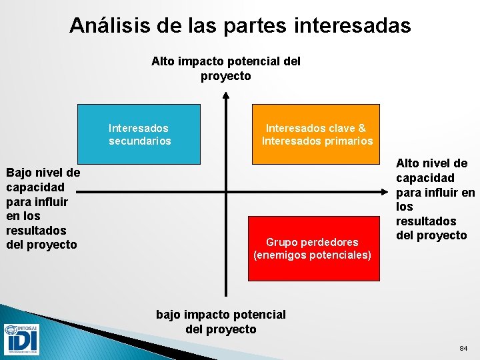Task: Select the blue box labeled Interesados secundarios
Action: click(x=139, y=134)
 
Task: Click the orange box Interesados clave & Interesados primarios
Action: click(x=315, y=134)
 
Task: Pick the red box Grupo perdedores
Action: click(x=313, y=248)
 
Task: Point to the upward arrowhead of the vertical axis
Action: click(x=227, y=96)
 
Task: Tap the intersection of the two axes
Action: click(x=227, y=193)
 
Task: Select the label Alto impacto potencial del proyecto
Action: click(x=226, y=69)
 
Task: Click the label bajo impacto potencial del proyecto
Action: click(x=221, y=321)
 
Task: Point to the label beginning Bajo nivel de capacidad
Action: click(x=43, y=209)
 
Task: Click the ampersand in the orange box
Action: click(x=362, y=128)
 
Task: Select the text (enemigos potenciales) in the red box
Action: click(x=313, y=255)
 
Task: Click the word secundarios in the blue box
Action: click(x=140, y=141)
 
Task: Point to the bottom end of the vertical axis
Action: click(x=227, y=295)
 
